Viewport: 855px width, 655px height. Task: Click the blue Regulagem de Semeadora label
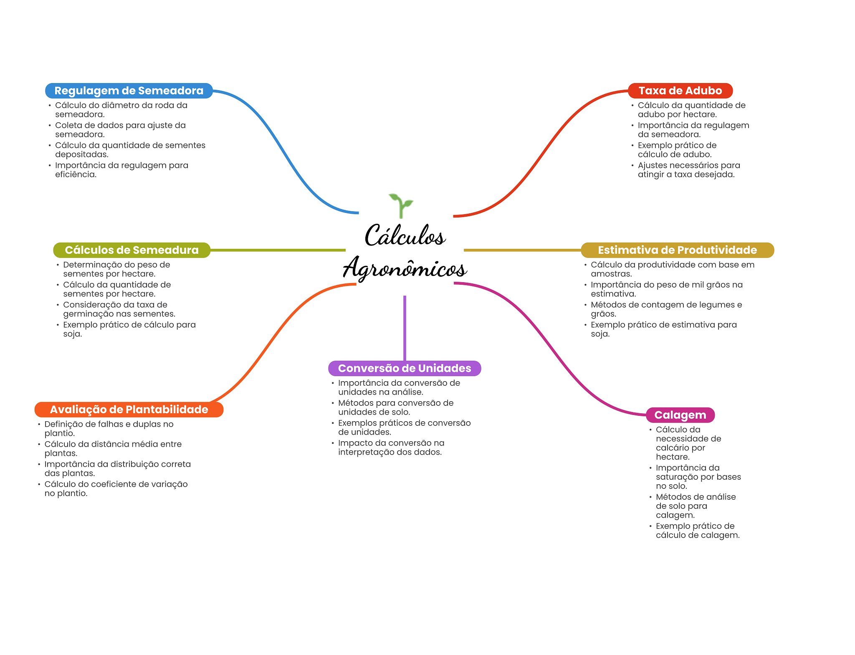click(129, 91)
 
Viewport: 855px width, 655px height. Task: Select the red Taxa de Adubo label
click(680, 91)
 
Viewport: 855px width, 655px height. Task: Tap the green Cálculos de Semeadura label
click(132, 250)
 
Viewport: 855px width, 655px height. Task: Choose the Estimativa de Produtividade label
click(677, 250)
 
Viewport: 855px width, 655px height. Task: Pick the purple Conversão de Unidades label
click(404, 368)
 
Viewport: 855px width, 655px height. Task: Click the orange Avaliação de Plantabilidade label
click(129, 410)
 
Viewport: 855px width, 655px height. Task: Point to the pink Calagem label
click(680, 415)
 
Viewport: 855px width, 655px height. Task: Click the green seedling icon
click(401, 205)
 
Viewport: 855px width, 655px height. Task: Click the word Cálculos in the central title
click(405, 236)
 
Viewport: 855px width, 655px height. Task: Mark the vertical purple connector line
click(405, 328)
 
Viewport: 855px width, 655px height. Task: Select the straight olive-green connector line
click(278, 250)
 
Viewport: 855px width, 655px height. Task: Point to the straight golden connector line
click(522, 250)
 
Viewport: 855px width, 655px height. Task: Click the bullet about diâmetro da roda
click(121, 110)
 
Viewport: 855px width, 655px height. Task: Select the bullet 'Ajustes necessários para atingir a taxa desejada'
click(688, 170)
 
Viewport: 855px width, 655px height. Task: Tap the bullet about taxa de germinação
click(119, 309)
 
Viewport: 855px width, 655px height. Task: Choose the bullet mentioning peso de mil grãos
click(666, 289)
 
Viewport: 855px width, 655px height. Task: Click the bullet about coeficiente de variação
click(116, 489)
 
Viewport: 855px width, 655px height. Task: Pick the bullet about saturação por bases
click(698, 477)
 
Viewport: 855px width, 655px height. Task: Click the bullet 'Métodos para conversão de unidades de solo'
click(395, 407)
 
